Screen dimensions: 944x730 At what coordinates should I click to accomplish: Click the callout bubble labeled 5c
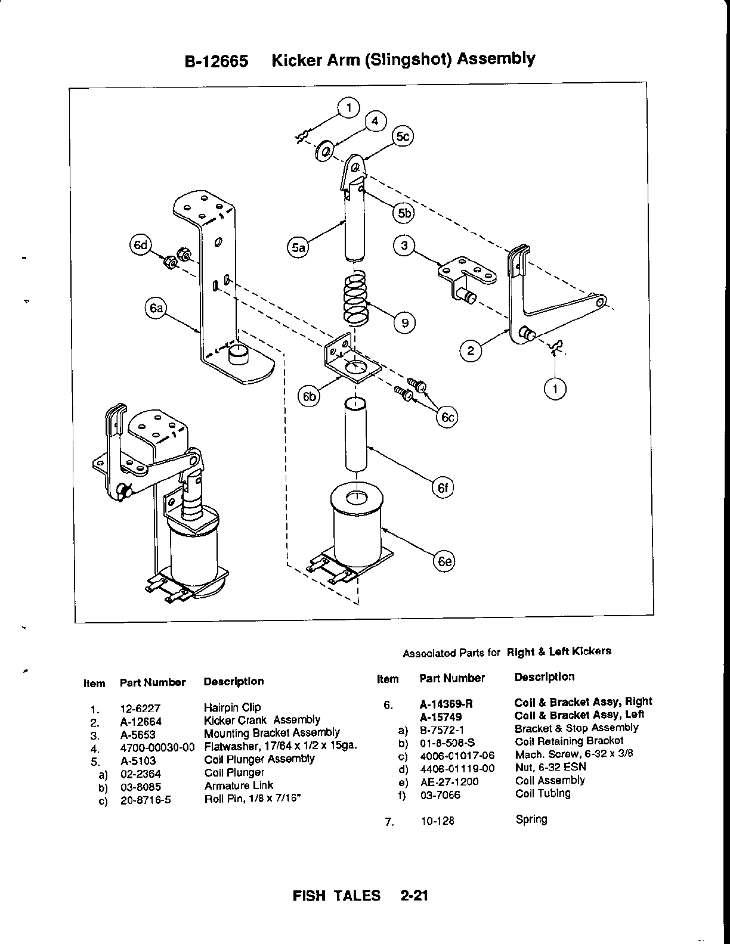click(x=403, y=136)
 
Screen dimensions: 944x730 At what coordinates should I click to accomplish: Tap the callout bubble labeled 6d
click(x=141, y=246)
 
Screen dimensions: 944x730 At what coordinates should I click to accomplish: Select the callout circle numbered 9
click(x=404, y=322)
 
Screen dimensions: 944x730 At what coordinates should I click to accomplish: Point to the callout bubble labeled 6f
click(x=442, y=488)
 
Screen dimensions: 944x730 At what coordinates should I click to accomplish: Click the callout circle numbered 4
click(x=375, y=120)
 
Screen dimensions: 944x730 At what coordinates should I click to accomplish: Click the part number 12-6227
click(x=141, y=709)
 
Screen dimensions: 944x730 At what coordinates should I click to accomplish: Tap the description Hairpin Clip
click(x=233, y=707)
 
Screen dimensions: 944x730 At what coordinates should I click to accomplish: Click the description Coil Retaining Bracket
click(x=568, y=741)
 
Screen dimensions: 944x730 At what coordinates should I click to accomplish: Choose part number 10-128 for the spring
click(x=437, y=821)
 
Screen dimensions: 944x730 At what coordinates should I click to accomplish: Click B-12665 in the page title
click(x=216, y=61)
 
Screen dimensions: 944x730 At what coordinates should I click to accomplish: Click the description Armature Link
click(x=239, y=785)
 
